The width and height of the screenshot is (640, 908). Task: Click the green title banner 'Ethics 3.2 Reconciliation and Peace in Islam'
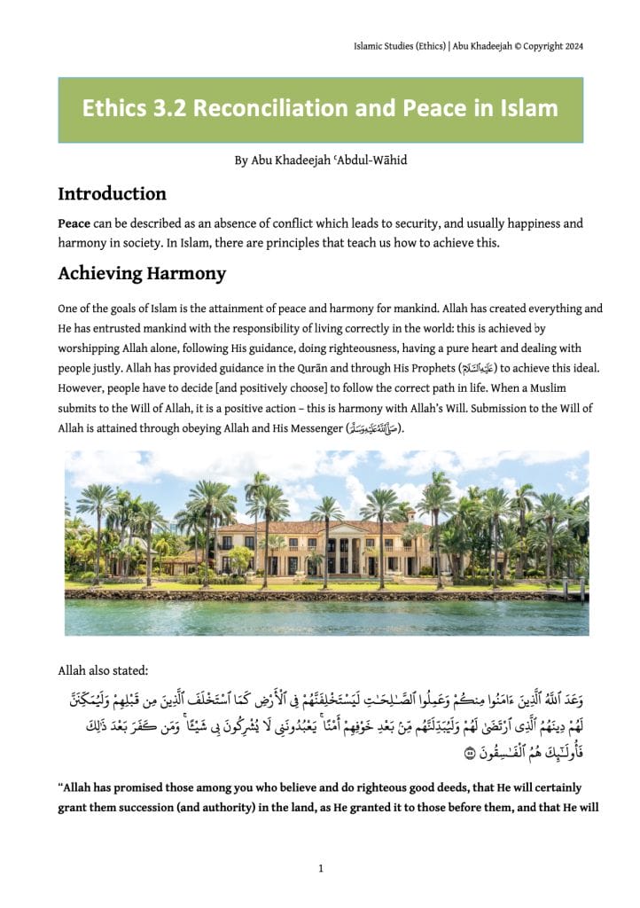click(x=320, y=110)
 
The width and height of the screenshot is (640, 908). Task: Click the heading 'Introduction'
click(x=112, y=193)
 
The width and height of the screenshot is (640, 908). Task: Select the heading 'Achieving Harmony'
click(x=142, y=274)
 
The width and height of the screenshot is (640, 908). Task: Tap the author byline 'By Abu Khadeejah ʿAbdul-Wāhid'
click(x=320, y=160)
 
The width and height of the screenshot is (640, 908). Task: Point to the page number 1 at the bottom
click(x=320, y=869)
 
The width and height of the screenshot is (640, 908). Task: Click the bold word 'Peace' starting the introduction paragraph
click(x=74, y=223)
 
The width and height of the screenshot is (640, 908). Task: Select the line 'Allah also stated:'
click(x=99, y=670)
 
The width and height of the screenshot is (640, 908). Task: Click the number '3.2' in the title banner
click(x=167, y=109)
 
